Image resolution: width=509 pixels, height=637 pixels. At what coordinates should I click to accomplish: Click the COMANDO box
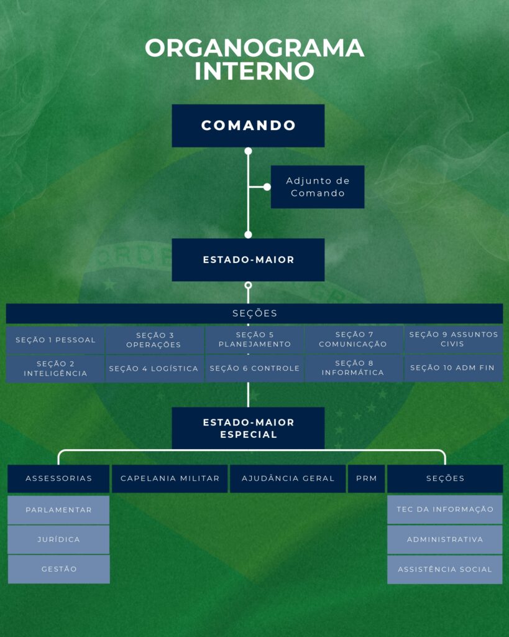pos(248,126)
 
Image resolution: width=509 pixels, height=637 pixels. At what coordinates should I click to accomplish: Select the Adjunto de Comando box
pos(318,187)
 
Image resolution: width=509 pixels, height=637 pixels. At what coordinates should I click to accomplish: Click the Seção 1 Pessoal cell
pos(55,340)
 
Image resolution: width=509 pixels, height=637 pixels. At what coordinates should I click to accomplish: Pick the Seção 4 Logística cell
pos(154,368)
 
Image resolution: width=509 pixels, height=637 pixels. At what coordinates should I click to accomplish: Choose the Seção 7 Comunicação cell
pos(353,340)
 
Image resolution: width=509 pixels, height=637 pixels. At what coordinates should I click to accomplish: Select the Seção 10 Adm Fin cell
pos(452,368)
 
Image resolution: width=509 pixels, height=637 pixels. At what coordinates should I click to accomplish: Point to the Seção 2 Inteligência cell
pos(55,368)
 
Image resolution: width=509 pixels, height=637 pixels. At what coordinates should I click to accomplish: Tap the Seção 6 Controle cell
pos(254,368)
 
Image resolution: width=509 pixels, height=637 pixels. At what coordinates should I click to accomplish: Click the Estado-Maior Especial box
pos(248,428)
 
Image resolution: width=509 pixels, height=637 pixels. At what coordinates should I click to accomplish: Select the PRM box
pos(366,478)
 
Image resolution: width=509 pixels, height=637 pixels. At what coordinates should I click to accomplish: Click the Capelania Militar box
pos(170,478)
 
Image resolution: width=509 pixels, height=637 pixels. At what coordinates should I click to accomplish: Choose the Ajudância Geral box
pos(288,478)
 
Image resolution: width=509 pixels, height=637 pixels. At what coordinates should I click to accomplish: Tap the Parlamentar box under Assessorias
pos(58,510)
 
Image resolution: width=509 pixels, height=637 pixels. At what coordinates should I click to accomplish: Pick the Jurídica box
pos(58,539)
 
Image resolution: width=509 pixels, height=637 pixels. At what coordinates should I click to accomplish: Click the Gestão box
pos(58,569)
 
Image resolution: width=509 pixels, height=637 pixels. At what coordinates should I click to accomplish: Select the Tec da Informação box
pos(445,509)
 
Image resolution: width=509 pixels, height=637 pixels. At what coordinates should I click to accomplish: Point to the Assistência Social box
pos(445,569)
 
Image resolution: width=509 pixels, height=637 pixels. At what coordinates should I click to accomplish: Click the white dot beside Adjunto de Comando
pos(267,187)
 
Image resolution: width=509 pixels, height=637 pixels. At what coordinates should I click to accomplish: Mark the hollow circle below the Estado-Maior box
pos(248,286)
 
